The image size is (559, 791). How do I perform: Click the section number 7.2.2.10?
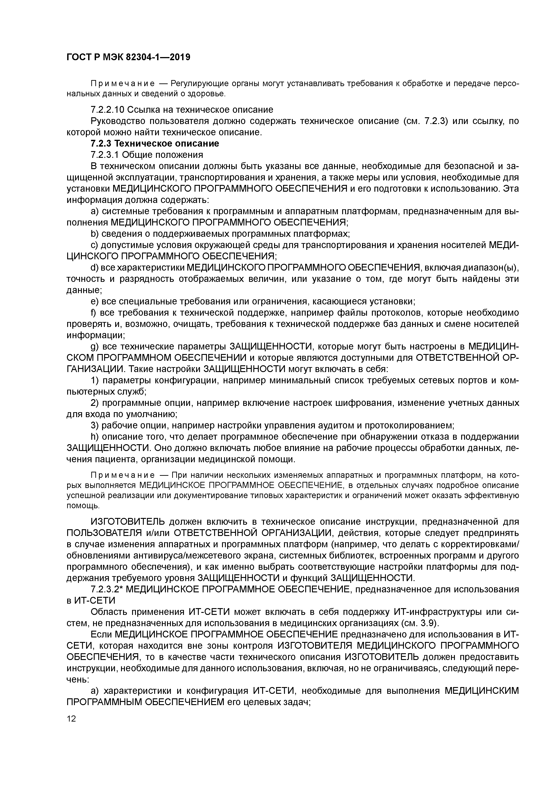point(107,110)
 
